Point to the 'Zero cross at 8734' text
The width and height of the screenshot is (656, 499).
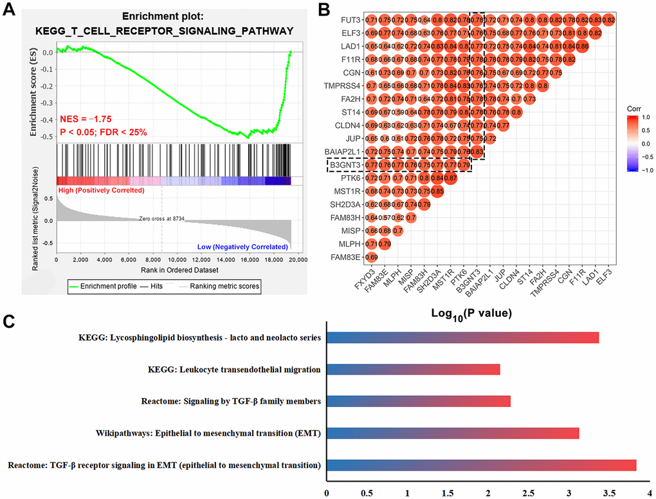(161, 219)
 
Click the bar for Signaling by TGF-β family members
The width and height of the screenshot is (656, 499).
(419, 401)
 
